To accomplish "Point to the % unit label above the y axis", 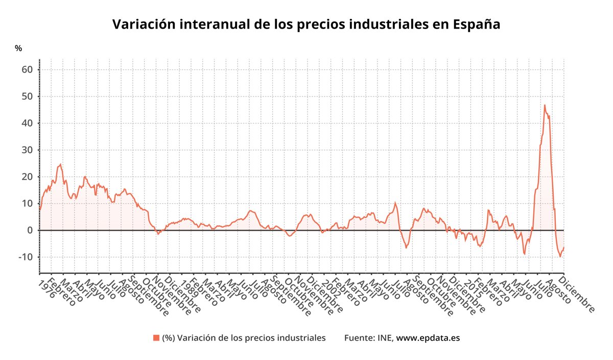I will pos(18,49).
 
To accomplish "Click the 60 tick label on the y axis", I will pos(27,69).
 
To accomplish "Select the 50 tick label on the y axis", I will pos(27,97).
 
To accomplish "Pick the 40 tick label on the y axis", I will pos(27,123).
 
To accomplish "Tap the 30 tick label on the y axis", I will pos(27,150).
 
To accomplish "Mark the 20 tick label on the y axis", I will pos(27,177).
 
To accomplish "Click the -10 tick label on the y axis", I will pos(26,257).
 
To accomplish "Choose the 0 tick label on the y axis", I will pos(30,230).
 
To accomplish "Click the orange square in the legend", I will pos(156,338).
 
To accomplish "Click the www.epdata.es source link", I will pos(429,338).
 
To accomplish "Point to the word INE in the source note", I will pos(385,338).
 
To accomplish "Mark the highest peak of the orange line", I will pos(545,105).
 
